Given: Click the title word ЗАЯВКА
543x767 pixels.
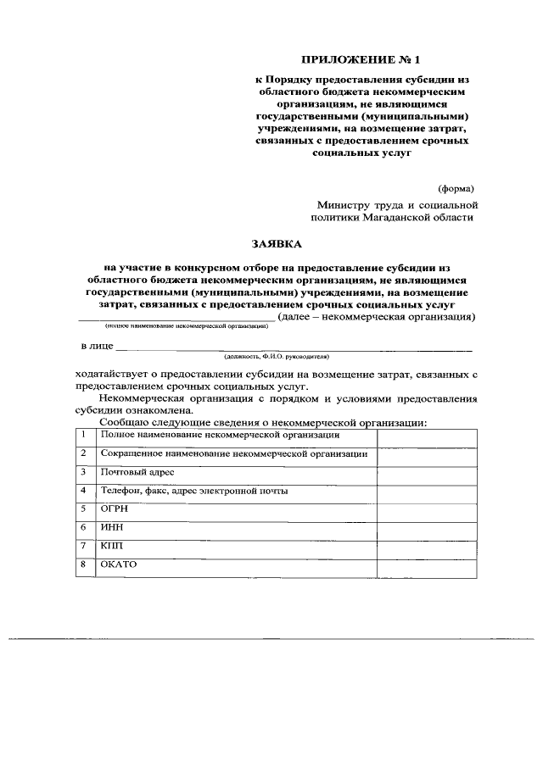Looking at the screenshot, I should (277, 244).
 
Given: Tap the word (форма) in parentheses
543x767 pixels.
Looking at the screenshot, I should (456, 187).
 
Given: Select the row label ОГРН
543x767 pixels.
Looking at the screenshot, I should (115, 509).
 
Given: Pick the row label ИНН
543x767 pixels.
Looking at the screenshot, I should (110, 528).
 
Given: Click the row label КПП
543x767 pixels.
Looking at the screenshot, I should (111, 547).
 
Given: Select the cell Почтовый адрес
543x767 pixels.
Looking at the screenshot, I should (137, 471).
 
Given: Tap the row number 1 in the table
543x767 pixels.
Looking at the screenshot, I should (84, 435).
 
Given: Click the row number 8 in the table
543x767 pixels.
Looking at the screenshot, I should (84, 564).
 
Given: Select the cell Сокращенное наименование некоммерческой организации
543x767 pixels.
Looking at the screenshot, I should (233, 453).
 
